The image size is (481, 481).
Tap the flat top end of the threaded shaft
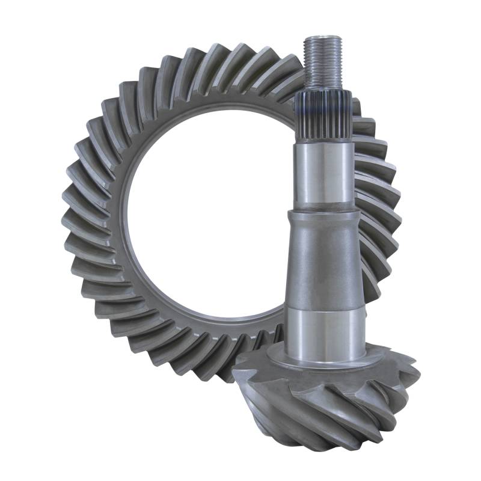coord(323,37)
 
